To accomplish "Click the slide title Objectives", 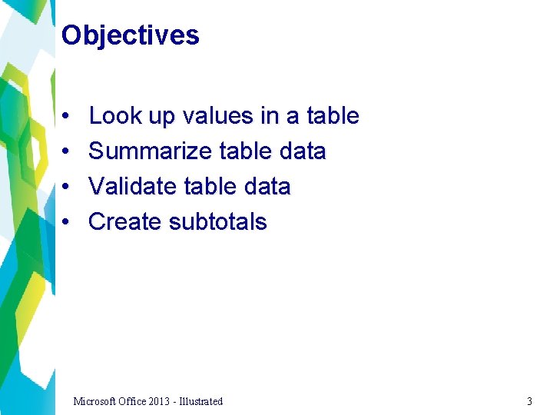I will pyautogui.click(x=130, y=35).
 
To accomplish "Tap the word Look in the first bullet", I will pyautogui.click(x=111, y=116).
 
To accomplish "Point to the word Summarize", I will pyautogui.click(x=151, y=151).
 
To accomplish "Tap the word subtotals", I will pyautogui.click(x=217, y=222).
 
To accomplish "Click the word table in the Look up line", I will pyautogui.click(x=333, y=116).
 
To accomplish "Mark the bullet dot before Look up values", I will pyautogui.click(x=68, y=117).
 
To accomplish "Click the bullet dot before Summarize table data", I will pyautogui.click(x=68, y=152).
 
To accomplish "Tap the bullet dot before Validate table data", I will pyautogui.click(x=68, y=188).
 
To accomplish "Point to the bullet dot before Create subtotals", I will pyautogui.click(x=68, y=223).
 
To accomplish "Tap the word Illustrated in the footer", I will pyautogui.click(x=202, y=401).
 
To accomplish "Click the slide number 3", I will pyautogui.click(x=529, y=401).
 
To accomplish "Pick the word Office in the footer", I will pyautogui.click(x=134, y=401).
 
